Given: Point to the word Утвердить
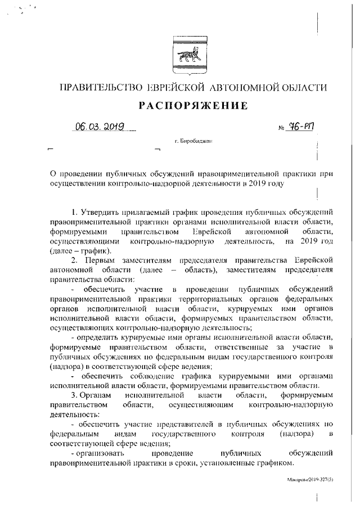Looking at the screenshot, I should [101, 212].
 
